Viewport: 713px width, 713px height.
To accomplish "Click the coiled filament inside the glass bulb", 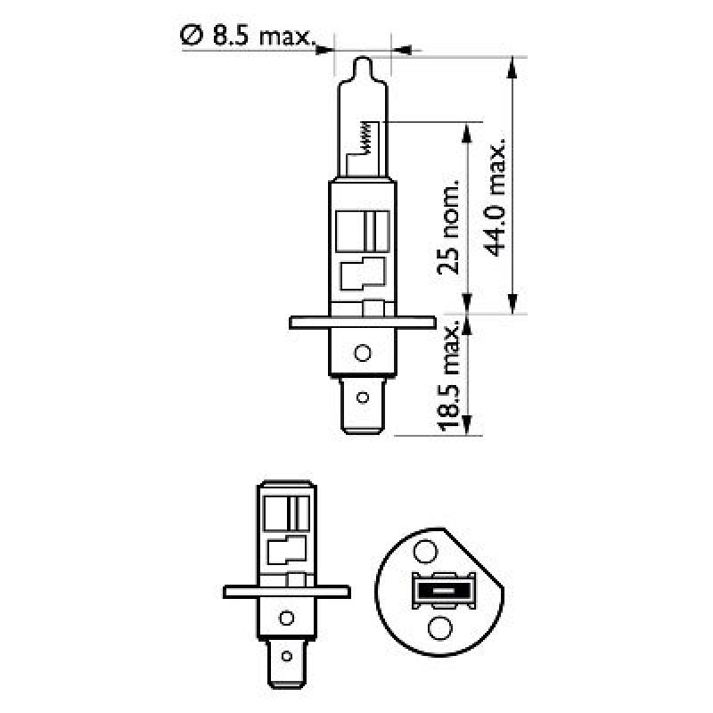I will pyautogui.click(x=365, y=138).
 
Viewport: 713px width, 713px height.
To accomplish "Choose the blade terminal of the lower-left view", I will pyautogui.click(x=286, y=664).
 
